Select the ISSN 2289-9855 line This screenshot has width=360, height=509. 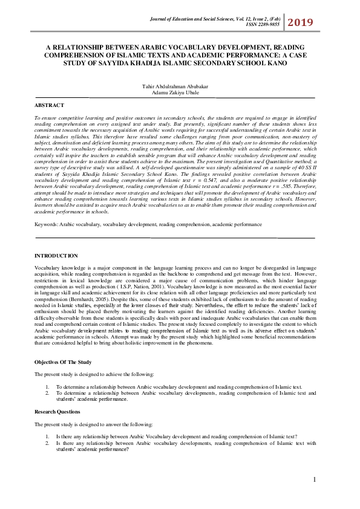click(x=264, y=25)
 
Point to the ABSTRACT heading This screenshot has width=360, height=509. click(x=49, y=105)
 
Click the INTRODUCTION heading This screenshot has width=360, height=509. click(x=56, y=256)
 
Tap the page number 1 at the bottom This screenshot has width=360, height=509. click(x=315, y=479)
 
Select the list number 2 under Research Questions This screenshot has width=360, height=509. click(x=48, y=444)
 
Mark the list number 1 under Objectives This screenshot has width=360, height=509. click(x=48, y=386)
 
